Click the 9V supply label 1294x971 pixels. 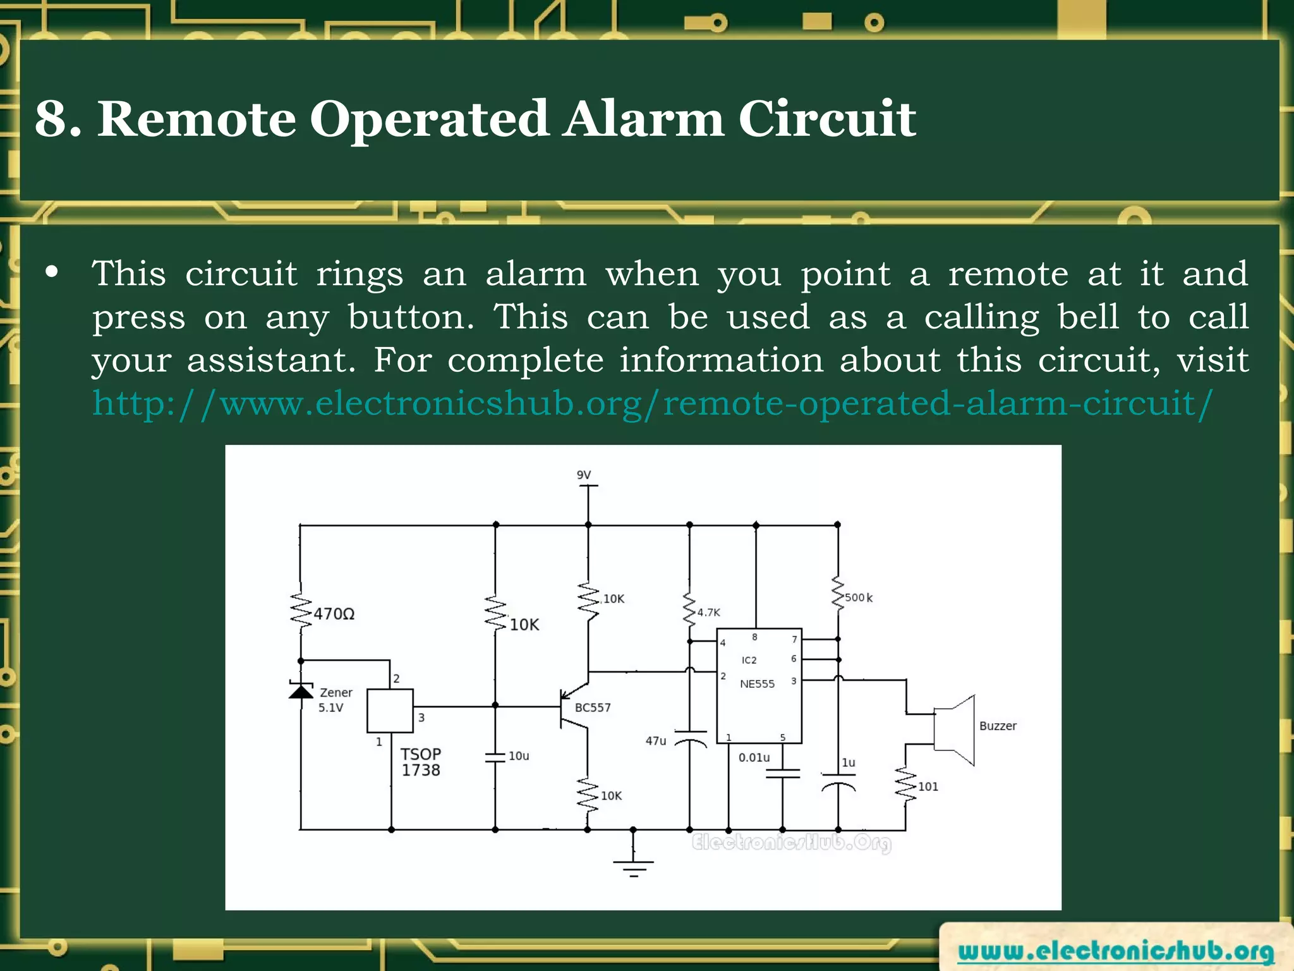(583, 475)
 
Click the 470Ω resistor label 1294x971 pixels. (334, 614)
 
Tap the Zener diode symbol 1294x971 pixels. (301, 690)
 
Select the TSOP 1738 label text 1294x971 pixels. (421, 762)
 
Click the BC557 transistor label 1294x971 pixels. (592, 707)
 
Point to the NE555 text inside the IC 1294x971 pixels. (757, 684)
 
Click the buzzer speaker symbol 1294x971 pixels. (955, 730)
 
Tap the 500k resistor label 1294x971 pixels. (859, 597)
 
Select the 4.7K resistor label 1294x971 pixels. (708, 613)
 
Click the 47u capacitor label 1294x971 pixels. (656, 741)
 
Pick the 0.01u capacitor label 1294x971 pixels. (754, 757)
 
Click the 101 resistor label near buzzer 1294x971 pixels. (928, 786)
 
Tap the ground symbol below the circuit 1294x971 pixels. (634, 865)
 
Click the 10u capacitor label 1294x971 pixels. (519, 756)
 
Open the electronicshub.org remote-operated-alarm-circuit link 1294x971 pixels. (652, 403)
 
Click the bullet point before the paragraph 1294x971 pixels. (52, 273)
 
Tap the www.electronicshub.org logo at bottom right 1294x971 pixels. (1115, 951)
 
